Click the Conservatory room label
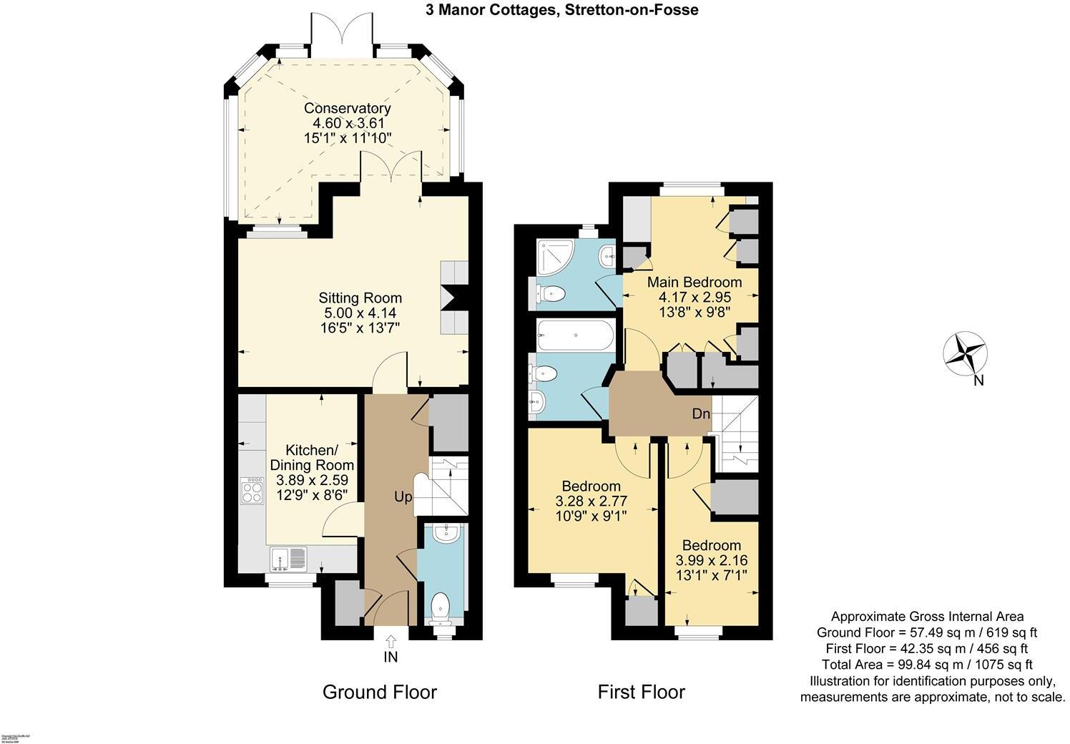point(347,108)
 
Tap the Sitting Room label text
point(360,298)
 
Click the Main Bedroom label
point(694,282)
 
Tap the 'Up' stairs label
point(403,496)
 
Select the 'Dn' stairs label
point(700,414)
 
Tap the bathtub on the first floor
point(574,335)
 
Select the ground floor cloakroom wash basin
point(446,532)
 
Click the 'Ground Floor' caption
point(379,692)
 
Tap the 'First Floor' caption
point(641,692)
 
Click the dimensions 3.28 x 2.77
point(591,500)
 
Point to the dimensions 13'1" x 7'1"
point(711,574)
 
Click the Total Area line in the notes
point(927,665)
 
